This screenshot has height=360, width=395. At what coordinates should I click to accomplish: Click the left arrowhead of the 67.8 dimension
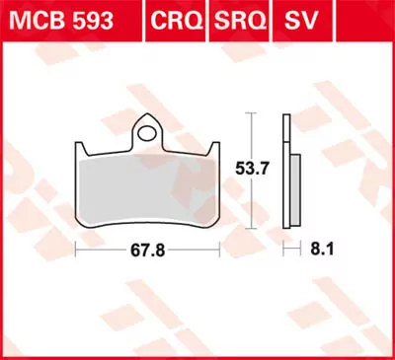click(x=77, y=250)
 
